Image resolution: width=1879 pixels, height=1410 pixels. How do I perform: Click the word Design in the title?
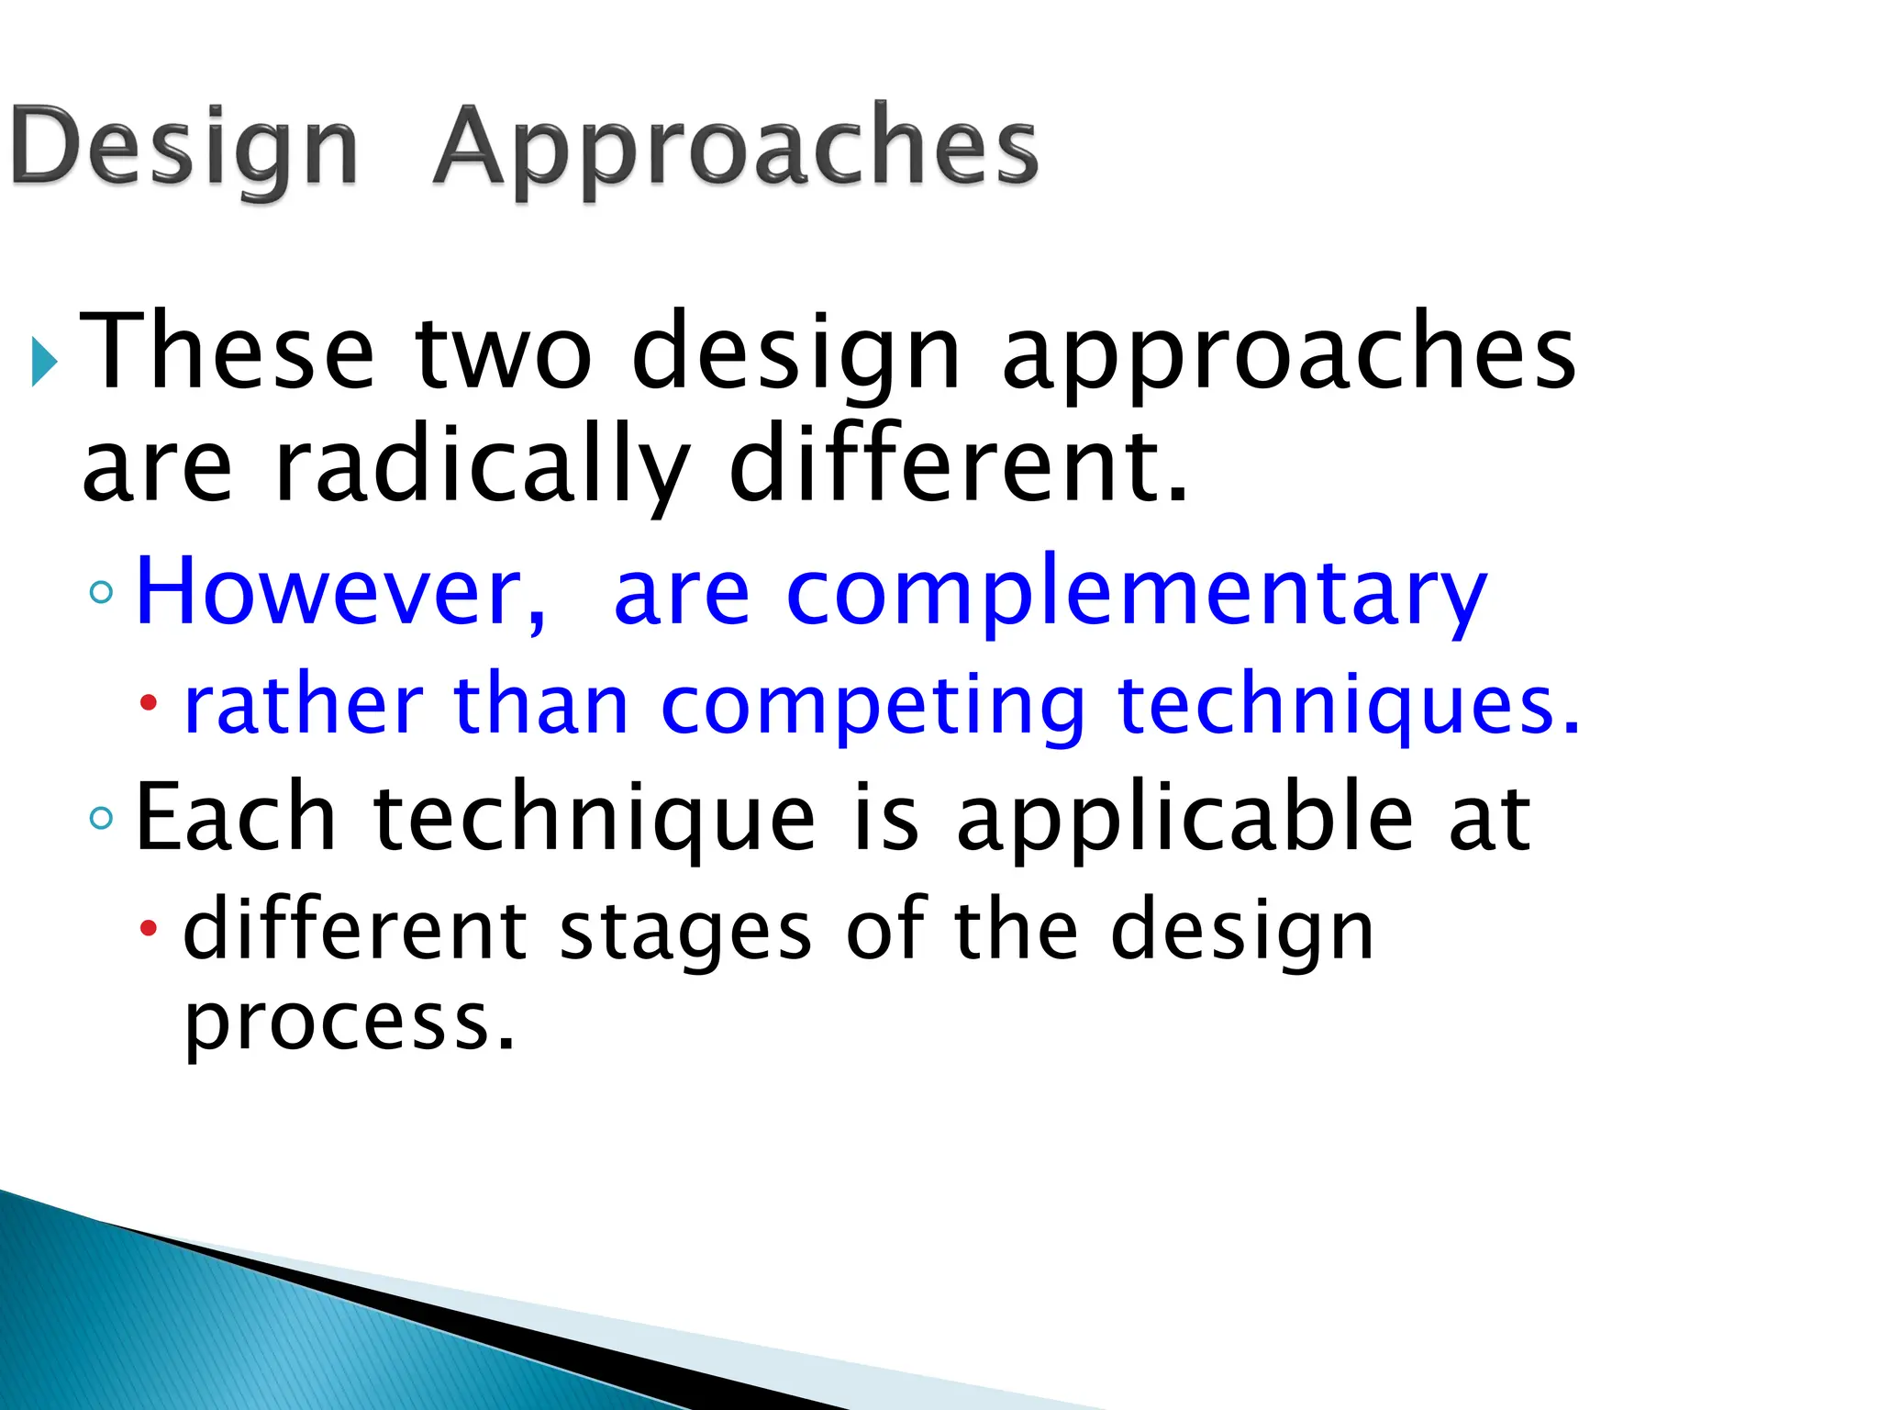pos(183,147)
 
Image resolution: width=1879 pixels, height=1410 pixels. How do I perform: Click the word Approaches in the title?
pos(736,147)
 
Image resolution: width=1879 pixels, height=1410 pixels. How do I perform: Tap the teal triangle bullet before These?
pos(43,361)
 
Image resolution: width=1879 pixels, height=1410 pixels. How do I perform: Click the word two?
pos(504,353)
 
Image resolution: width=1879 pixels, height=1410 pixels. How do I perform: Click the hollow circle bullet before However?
pos(102,592)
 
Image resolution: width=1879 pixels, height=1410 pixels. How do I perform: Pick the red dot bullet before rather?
pos(149,704)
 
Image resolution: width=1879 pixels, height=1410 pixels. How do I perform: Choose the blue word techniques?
pos(1349,707)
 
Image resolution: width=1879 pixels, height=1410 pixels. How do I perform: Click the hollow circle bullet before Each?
pos(102,816)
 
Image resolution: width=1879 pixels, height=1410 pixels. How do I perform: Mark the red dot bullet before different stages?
pos(149,930)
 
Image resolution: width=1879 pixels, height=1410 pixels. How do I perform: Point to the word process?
pos(349,1024)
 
